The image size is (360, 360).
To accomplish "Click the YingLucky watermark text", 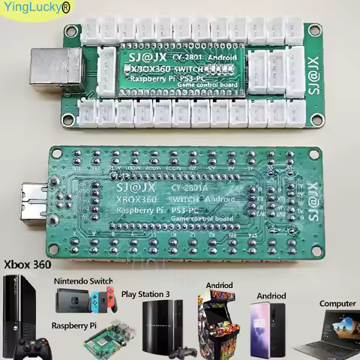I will (34, 9).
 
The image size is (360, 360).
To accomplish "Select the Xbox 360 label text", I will (28, 265).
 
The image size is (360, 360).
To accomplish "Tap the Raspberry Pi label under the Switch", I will (74, 326).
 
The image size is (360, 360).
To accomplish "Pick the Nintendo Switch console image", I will (83, 302).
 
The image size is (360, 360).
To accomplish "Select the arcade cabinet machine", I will (217, 322).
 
